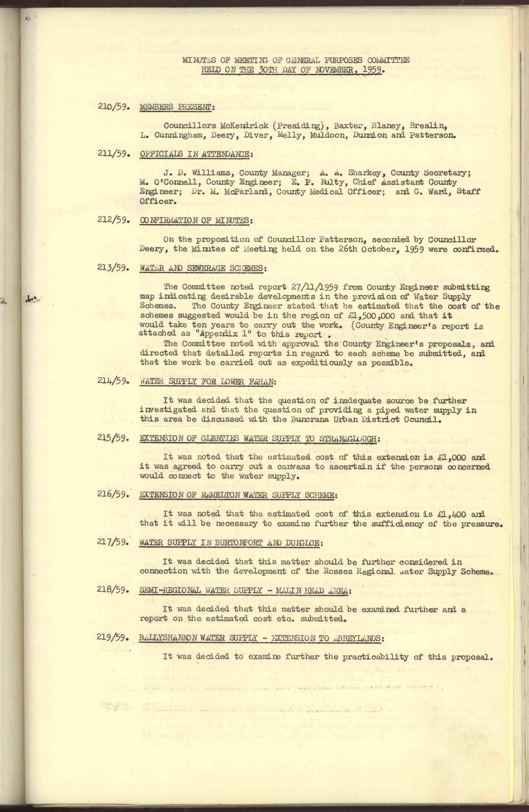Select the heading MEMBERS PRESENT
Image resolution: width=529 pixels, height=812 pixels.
pos(177,107)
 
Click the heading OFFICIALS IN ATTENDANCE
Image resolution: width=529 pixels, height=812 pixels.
pos(196,154)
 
